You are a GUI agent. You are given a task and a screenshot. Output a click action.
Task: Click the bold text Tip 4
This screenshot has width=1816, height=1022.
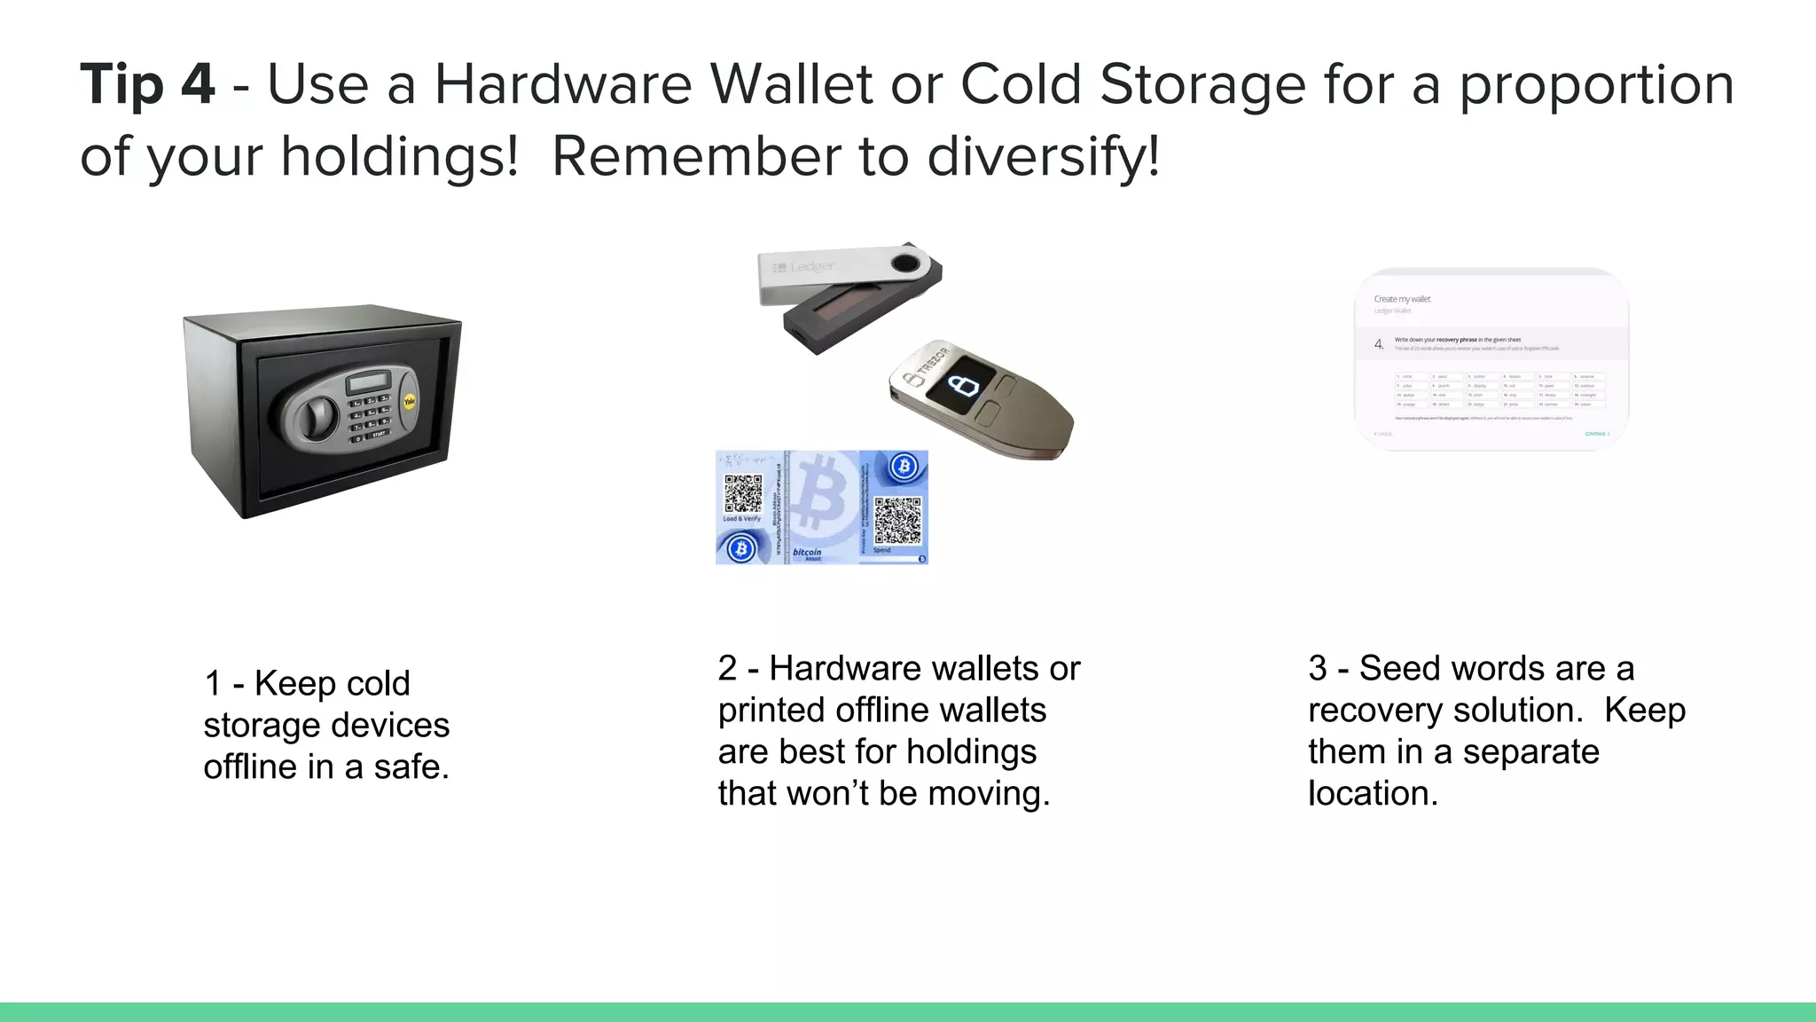(x=147, y=85)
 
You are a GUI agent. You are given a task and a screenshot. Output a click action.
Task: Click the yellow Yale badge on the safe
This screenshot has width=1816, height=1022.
(x=409, y=402)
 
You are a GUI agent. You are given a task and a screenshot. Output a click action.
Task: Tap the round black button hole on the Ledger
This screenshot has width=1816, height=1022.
(x=905, y=263)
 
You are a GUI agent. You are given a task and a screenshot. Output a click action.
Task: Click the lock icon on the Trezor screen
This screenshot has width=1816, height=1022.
(x=962, y=385)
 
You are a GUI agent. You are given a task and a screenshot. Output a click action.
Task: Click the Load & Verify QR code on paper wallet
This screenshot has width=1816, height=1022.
(x=742, y=494)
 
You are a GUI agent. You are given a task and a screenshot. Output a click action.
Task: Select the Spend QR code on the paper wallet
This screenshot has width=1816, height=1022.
(x=897, y=521)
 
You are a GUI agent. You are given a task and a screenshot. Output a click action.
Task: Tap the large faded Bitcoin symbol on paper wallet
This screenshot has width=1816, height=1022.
(x=820, y=493)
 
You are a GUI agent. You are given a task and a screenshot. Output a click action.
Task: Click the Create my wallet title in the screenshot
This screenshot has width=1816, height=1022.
(x=1402, y=299)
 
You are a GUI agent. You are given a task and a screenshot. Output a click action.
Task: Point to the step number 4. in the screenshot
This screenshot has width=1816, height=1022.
(x=1378, y=344)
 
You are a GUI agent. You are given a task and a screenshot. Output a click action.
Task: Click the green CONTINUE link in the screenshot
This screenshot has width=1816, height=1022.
(x=1596, y=434)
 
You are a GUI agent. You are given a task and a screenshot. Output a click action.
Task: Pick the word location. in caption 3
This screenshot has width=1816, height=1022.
(x=1373, y=793)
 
